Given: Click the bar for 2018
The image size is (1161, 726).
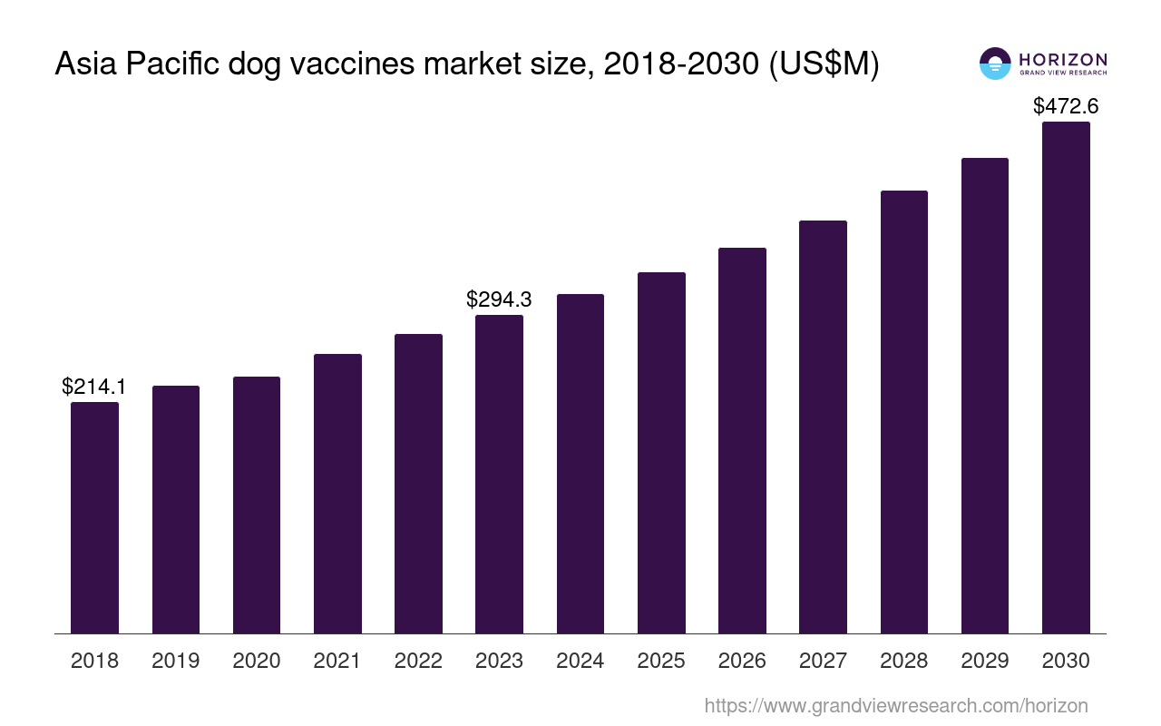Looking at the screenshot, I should pyautogui.click(x=94, y=517).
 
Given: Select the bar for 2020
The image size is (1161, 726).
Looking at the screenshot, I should pyautogui.click(x=257, y=505).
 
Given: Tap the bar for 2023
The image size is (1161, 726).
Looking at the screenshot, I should pyautogui.click(x=499, y=474).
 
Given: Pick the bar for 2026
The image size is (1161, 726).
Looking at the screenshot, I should pyautogui.click(x=742, y=440).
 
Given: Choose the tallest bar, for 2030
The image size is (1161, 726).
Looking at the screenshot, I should pyautogui.click(x=1066, y=378).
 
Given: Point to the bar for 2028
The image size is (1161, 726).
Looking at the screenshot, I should pyautogui.click(x=903, y=412).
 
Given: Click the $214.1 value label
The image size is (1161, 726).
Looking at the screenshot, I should pyautogui.click(x=94, y=387).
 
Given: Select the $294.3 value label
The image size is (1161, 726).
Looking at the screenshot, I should pyautogui.click(x=499, y=299).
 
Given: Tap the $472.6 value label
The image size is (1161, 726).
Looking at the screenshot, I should pyautogui.click(x=1066, y=106).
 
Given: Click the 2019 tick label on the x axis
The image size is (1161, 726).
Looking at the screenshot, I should pyautogui.click(x=176, y=661).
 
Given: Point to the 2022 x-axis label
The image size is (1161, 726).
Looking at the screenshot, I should pyautogui.click(x=418, y=661).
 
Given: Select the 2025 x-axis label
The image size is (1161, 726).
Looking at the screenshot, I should pyautogui.click(x=661, y=661).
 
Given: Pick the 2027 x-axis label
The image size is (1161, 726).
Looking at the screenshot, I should pyautogui.click(x=823, y=661).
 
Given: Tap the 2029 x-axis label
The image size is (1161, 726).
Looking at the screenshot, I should pyautogui.click(x=985, y=661).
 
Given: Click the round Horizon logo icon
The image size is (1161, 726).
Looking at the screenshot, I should pyautogui.click(x=995, y=64).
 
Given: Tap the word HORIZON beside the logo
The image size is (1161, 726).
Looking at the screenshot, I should pyautogui.click(x=1062, y=59).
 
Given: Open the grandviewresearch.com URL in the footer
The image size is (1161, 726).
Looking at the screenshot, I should pyautogui.click(x=895, y=705).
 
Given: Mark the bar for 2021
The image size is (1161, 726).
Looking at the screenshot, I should pyautogui.click(x=337, y=494).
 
